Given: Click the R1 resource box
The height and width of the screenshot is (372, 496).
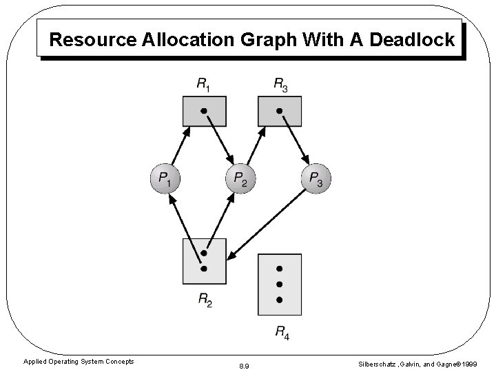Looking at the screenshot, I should coord(204,111).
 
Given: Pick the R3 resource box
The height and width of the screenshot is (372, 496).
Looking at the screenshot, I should coord(279,111).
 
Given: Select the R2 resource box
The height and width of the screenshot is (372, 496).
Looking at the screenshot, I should coord(204,261).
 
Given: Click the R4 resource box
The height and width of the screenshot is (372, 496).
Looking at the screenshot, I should coord(279,284).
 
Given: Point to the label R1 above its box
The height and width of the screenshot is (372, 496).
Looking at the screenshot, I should coord(204,85).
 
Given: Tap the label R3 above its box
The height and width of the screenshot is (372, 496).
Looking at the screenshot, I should coord(280,85).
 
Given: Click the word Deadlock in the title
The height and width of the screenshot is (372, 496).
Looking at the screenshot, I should coord(412,39).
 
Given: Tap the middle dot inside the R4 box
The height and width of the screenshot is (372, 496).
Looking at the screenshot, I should coord(279,284).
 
